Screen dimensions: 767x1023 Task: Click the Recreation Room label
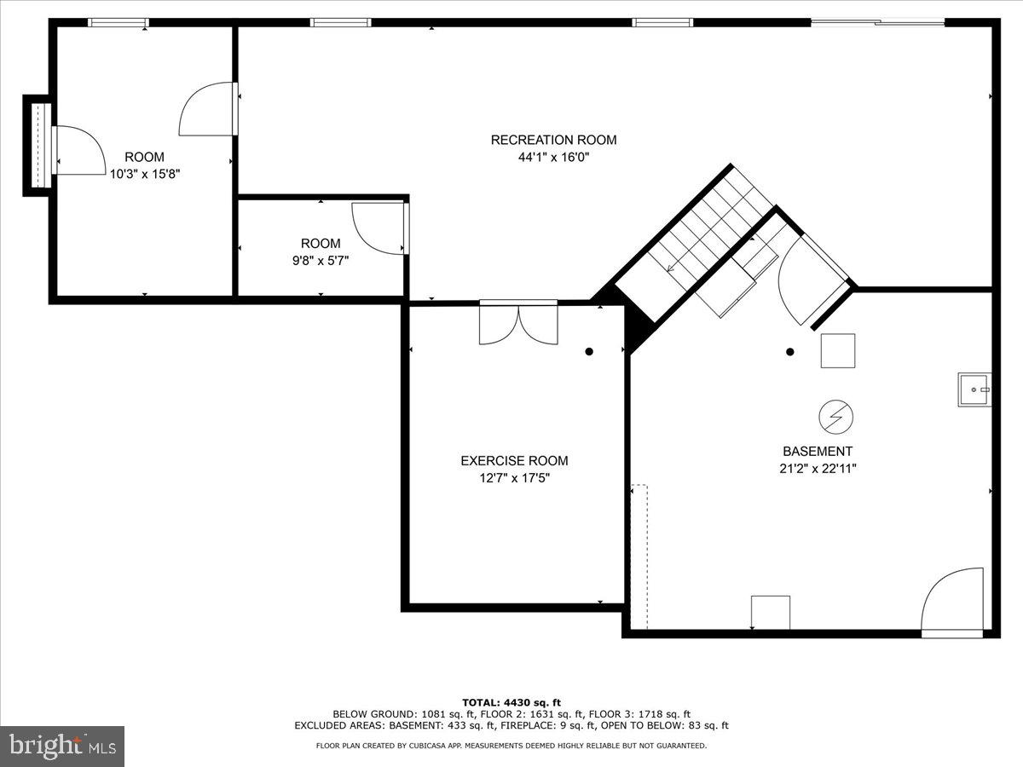coord(553,140)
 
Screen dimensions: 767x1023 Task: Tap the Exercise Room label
coord(514,461)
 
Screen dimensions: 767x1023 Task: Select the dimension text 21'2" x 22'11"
coord(818,468)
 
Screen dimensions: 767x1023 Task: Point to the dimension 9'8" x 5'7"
coord(321,261)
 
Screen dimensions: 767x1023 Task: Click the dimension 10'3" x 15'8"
coord(144,174)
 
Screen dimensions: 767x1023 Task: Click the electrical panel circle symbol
coord(835,417)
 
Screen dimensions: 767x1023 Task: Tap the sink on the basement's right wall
coord(974,389)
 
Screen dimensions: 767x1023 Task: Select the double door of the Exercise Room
coord(518,324)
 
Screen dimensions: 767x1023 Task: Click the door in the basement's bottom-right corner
coord(953,601)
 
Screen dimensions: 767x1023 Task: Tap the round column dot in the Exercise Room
coord(588,351)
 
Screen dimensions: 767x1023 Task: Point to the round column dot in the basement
coord(790,351)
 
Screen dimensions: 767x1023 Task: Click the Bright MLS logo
coord(62,747)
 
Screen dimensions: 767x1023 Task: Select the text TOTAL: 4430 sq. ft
coord(511,702)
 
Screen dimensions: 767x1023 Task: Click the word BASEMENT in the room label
coord(818,452)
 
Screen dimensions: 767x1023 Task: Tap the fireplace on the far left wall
coord(38,145)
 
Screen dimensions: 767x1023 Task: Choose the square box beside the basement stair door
coord(838,350)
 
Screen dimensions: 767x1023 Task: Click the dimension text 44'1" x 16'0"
coord(553,157)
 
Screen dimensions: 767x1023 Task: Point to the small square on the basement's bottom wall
coord(770,613)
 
